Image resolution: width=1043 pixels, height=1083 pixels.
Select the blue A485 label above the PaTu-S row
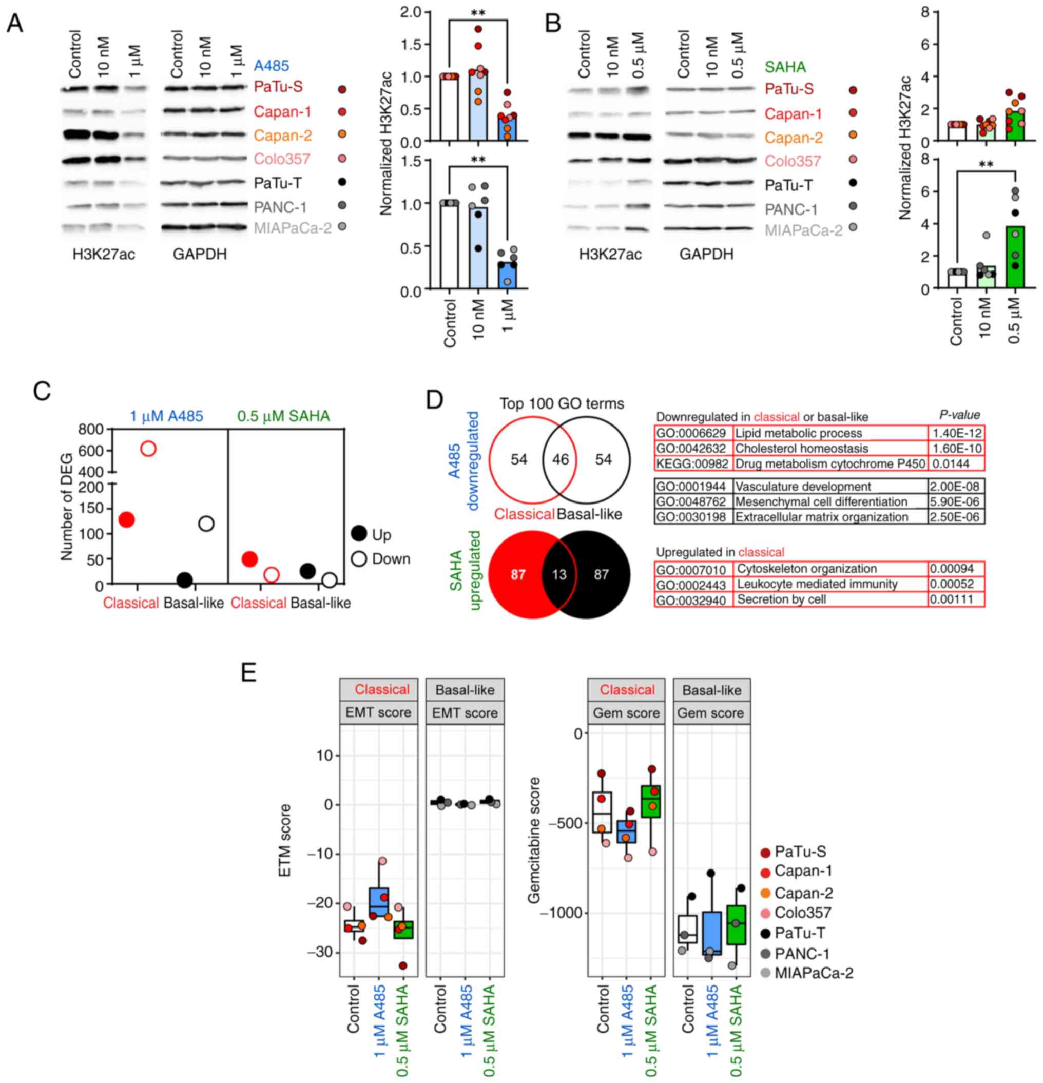point(271,66)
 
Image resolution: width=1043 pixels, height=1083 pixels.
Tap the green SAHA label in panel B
point(785,67)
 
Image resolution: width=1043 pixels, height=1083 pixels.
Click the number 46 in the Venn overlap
point(560,460)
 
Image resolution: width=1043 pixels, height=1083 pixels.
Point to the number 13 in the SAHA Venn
point(559,575)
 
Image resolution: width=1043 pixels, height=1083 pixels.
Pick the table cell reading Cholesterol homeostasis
point(801,449)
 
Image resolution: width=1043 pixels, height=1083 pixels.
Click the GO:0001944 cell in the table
point(690,487)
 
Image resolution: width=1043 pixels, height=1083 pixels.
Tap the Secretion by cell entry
point(781,599)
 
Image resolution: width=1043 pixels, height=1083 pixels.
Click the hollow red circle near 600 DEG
point(148,449)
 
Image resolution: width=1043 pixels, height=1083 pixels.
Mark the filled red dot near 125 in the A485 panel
point(126,519)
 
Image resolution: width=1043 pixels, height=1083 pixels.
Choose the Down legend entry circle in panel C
point(359,558)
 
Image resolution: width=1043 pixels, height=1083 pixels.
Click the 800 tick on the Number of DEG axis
point(91,429)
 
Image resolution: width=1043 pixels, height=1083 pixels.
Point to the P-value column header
point(959,415)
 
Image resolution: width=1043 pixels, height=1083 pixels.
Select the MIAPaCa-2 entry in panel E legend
point(813,973)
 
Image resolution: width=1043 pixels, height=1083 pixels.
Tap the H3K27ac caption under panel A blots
point(104,254)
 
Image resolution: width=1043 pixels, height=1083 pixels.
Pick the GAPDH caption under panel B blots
point(706,254)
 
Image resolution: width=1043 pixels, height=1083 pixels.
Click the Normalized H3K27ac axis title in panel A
point(386,144)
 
